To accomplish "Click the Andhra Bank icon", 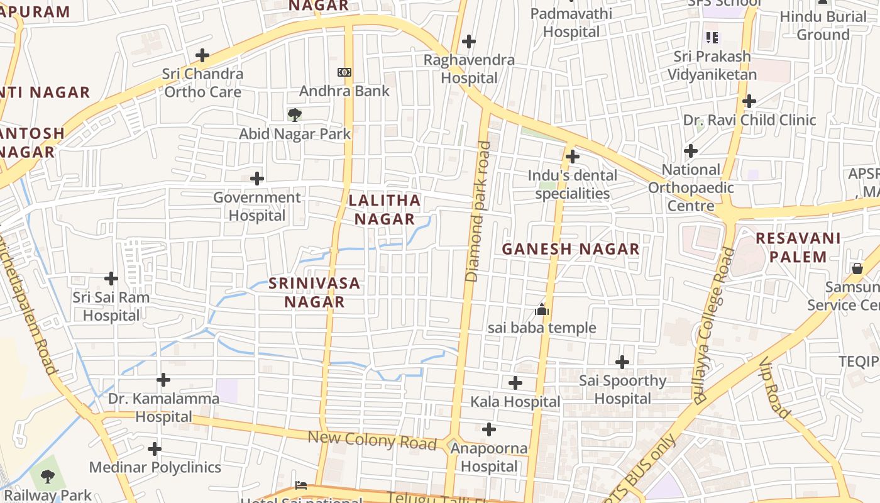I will [344, 72].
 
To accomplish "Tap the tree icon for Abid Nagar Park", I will [294, 114].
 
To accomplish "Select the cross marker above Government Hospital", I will [256, 179].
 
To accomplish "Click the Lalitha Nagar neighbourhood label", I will [384, 209].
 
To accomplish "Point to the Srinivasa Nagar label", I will [314, 292].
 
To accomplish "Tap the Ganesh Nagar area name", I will [570, 249].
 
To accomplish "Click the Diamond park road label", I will [478, 211].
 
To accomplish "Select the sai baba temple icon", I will [542, 309].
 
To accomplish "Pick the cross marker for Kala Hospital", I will [515, 382].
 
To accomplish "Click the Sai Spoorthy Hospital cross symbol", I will [622, 362].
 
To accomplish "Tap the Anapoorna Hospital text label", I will [489, 457].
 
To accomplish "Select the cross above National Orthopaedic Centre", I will [691, 150].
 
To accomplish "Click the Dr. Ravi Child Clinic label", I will [749, 119].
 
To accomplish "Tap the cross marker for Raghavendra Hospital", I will [468, 41].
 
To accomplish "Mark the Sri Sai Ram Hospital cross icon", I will [111, 278].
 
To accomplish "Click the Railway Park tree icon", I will [47, 476].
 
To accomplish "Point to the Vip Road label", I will [774, 388].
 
